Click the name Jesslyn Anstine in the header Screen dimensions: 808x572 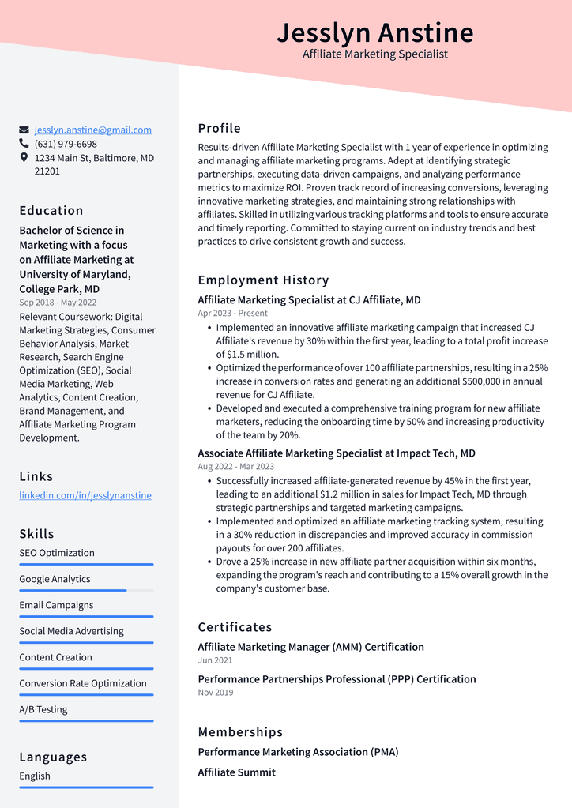375,32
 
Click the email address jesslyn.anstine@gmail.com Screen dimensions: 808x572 92,130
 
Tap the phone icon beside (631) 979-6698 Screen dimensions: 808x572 24,144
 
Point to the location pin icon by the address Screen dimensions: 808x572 24,158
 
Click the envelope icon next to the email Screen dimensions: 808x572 24,130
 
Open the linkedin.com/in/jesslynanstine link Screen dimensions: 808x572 85,495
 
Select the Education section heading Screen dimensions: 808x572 51,211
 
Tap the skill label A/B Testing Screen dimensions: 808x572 43,709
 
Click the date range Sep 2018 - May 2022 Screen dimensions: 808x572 58,303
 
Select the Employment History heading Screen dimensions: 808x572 263,280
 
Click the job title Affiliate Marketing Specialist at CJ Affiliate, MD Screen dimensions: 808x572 309,300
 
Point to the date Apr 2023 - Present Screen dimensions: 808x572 233,314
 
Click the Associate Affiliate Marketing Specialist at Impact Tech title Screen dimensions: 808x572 337,453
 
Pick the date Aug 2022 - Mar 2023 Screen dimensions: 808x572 236,467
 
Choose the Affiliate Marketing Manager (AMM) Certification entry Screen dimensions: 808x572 310,647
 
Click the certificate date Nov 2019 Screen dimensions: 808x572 216,693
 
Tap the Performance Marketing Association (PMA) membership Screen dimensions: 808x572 298,752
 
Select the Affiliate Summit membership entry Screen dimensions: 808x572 237,772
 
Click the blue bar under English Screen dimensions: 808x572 86,787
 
